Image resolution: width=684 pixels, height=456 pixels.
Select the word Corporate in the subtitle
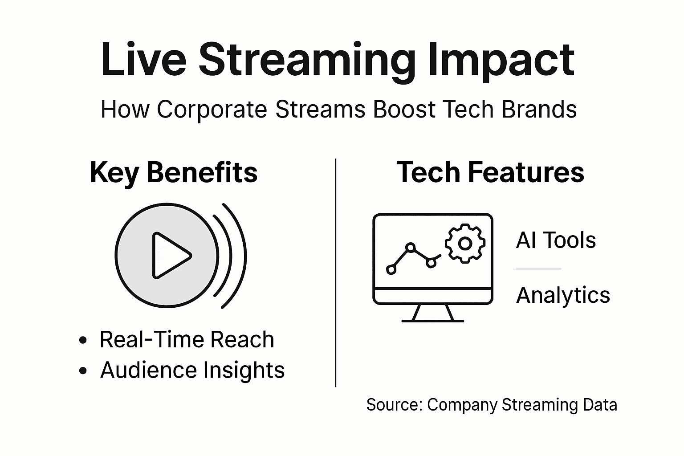coord(212,110)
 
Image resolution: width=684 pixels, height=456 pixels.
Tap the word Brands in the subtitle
coord(539,110)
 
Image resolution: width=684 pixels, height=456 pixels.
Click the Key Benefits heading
coord(174,173)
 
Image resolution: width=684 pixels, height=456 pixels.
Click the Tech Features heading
coord(490,173)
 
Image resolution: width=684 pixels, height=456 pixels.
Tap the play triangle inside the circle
coord(169,256)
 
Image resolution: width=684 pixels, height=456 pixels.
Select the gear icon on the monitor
coord(465,243)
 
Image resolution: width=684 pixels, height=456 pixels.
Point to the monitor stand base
coord(432,320)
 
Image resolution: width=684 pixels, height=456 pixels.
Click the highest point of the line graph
coord(411,246)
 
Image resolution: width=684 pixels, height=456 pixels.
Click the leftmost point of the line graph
coord(391,269)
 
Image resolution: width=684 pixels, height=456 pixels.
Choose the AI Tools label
coord(556,240)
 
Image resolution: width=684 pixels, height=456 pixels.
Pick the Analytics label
coord(563,295)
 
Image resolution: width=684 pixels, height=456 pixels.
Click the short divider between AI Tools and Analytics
coord(537,269)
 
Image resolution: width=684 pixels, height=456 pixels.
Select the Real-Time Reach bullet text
coord(187,340)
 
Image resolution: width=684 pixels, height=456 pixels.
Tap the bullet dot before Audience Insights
coord(82,370)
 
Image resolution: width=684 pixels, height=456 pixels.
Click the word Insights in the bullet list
coord(244,370)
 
